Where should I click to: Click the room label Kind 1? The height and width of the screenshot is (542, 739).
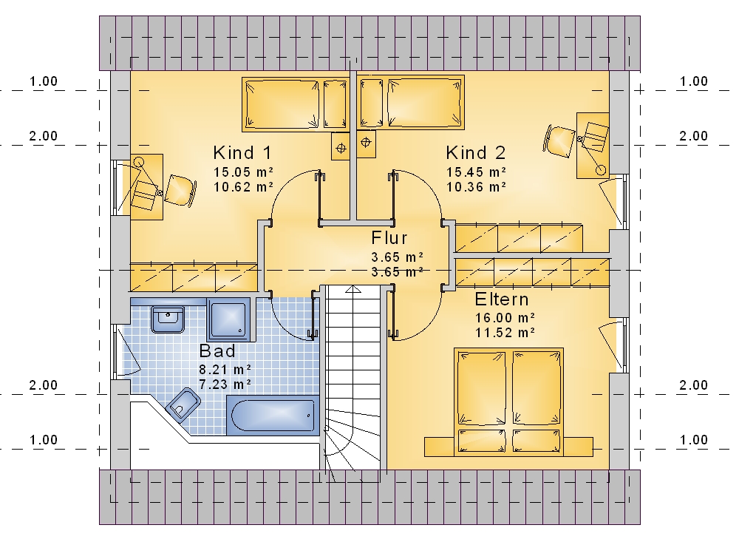click(x=242, y=153)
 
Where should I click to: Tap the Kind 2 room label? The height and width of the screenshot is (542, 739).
click(x=476, y=153)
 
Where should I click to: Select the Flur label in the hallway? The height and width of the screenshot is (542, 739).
click(x=389, y=238)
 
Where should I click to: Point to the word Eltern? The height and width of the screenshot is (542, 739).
click(x=502, y=299)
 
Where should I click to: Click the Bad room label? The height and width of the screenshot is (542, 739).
click(x=217, y=351)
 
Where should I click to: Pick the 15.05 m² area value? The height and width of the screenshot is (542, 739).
click(x=243, y=172)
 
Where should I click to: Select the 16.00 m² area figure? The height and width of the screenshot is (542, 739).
click(x=505, y=318)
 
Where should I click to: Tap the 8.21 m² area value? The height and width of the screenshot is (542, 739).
click(x=225, y=370)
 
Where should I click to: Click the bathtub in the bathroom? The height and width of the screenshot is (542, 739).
click(x=273, y=416)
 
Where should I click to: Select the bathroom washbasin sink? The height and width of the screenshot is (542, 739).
click(x=168, y=319)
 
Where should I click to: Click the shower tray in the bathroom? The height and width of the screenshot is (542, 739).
click(x=228, y=319)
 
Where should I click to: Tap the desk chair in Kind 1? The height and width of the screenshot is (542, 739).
click(x=180, y=191)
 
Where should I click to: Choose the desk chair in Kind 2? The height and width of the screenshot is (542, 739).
click(x=559, y=139)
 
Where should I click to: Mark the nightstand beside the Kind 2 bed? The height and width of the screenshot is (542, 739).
click(x=366, y=143)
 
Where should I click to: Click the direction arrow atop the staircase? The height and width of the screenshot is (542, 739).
click(x=353, y=288)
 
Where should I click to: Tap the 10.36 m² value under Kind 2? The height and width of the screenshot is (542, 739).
click(x=476, y=187)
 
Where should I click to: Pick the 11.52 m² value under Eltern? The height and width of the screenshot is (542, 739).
click(x=505, y=333)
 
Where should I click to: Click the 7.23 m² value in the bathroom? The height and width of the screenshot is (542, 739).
click(x=225, y=385)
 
